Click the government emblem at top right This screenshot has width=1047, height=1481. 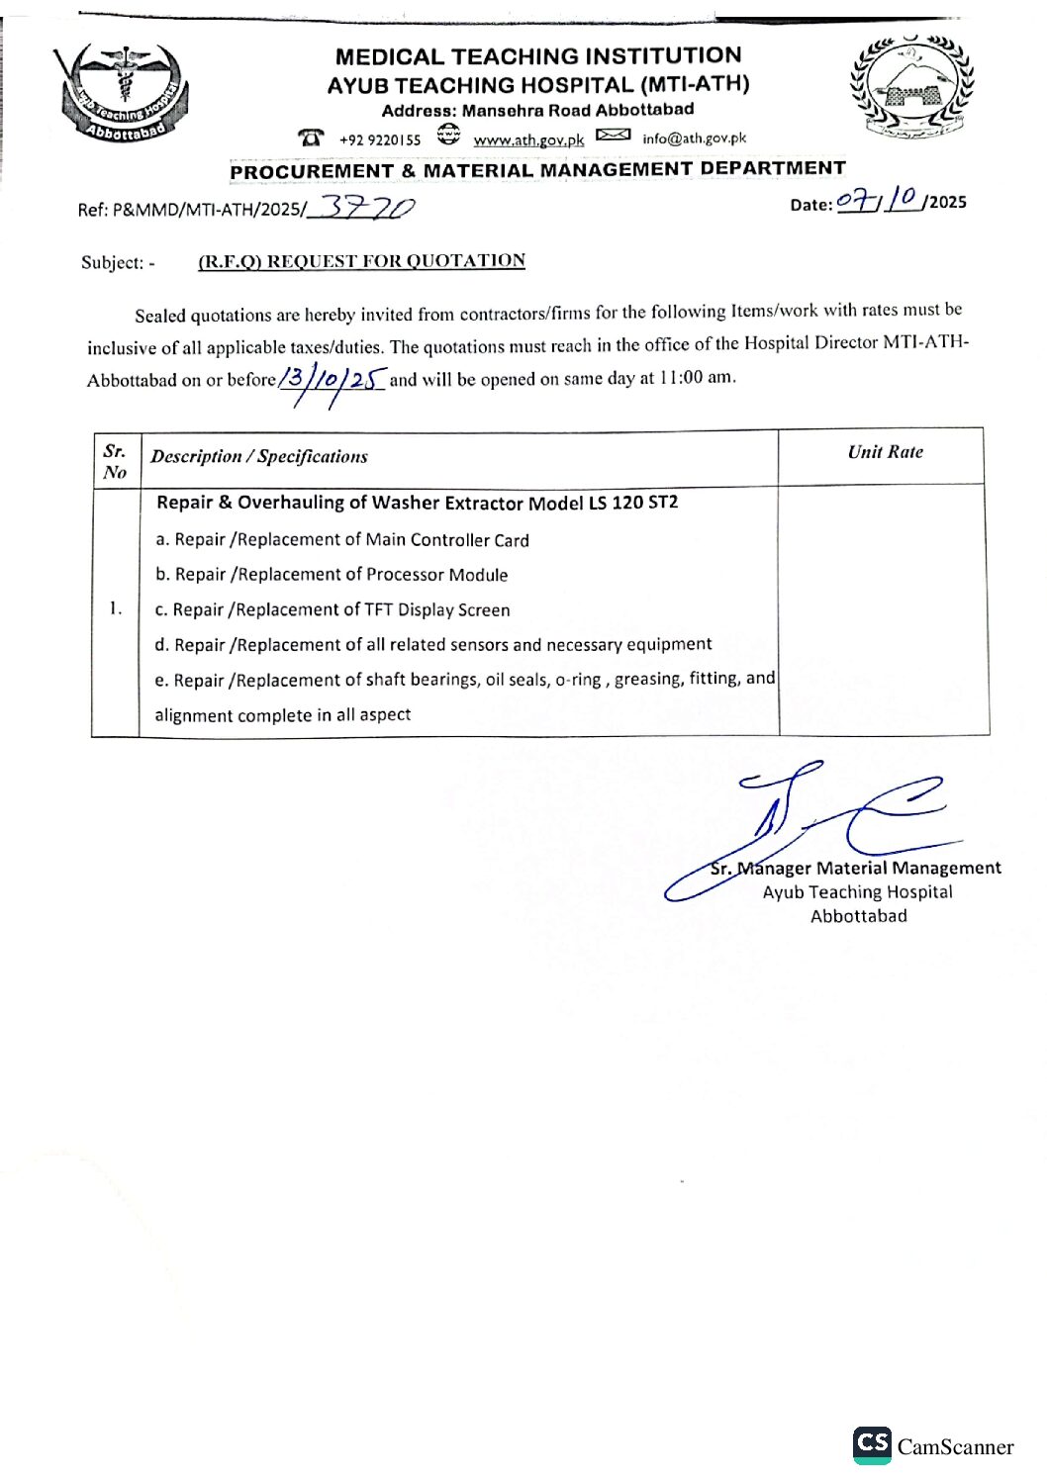(910, 87)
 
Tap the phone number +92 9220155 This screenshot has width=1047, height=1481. (379, 139)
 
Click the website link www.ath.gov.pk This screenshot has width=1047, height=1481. (528, 139)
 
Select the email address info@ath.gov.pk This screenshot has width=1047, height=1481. (694, 139)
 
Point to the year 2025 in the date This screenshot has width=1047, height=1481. (948, 202)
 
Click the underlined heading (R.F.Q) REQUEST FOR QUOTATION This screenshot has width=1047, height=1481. (361, 261)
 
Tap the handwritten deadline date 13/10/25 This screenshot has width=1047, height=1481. (332, 379)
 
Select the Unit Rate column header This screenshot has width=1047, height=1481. (885, 452)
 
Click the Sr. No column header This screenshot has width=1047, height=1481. (115, 462)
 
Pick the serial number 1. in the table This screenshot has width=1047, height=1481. (116, 608)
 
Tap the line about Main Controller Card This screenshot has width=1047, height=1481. (341, 540)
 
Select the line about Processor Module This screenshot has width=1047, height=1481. (332, 575)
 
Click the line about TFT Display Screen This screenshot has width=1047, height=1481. (333, 610)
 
